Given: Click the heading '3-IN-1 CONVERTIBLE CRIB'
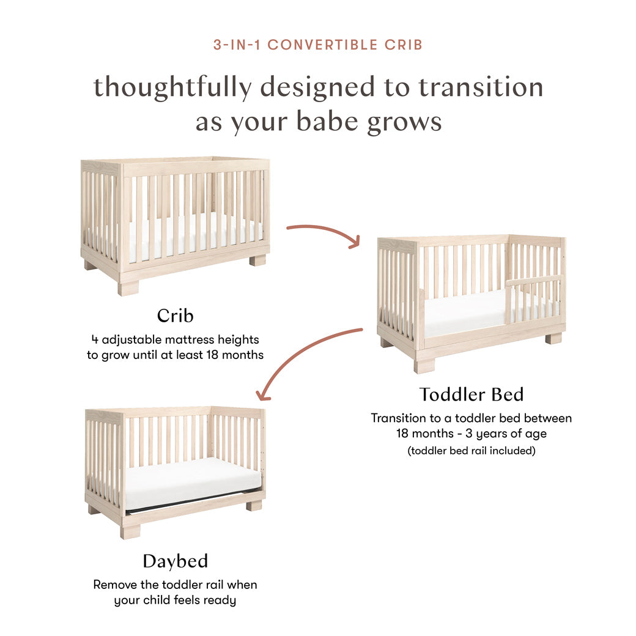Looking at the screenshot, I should pyautogui.click(x=317, y=45).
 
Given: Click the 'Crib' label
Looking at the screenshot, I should pyautogui.click(x=175, y=316).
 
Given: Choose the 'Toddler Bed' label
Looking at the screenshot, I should pyautogui.click(x=471, y=394).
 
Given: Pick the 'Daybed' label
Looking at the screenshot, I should pyautogui.click(x=175, y=561).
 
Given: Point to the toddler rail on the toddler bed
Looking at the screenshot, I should pyautogui.click(x=532, y=281).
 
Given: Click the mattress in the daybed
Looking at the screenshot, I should pyautogui.click(x=192, y=480).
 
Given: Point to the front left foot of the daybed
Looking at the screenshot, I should pyautogui.click(x=130, y=531).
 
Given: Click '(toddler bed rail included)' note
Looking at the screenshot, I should pyautogui.click(x=471, y=451).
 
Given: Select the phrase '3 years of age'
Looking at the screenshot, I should pyautogui.click(x=506, y=434).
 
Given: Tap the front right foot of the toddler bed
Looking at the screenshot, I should pyautogui.click(x=553, y=338).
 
